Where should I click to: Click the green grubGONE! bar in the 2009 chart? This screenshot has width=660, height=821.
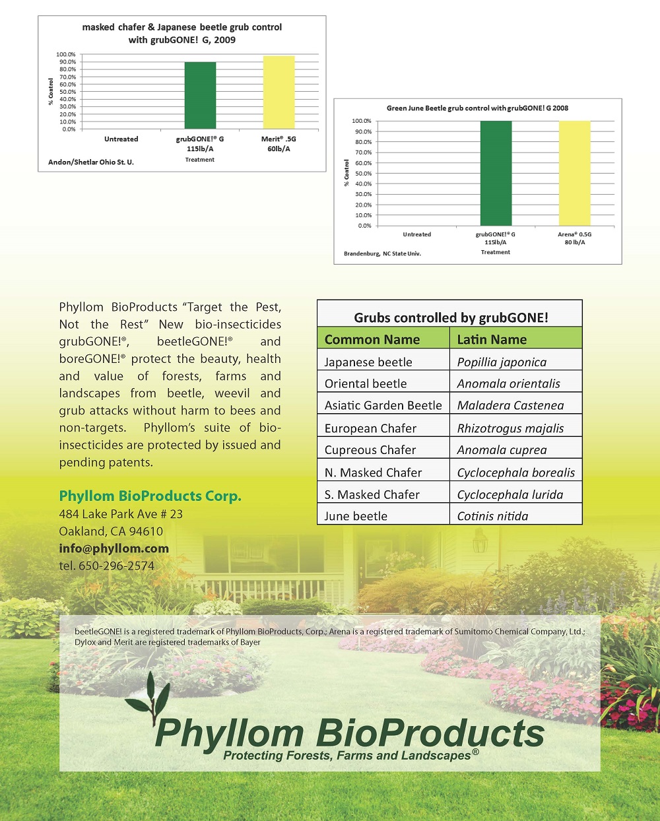coord(200,96)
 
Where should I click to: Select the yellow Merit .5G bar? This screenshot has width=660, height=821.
coord(279,92)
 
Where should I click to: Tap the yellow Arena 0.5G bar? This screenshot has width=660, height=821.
coord(575,173)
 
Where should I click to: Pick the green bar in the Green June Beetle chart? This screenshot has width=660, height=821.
coord(496,173)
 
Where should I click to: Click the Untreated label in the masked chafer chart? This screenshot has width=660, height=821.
coord(121,139)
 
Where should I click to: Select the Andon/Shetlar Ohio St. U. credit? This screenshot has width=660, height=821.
coord(91,162)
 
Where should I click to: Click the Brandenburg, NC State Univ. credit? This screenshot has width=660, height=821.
coord(382,253)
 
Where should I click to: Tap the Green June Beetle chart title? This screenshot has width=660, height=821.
coord(477,108)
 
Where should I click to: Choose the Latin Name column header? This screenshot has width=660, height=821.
coord(492,339)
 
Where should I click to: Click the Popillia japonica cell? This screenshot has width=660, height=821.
coord(502,362)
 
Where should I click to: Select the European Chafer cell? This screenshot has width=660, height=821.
coord(370,428)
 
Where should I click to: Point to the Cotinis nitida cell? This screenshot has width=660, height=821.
coord(492,516)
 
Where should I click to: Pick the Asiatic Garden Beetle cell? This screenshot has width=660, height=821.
coord(383,405)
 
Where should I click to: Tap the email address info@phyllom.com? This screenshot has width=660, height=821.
coord(114,548)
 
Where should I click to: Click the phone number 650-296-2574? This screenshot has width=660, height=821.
coord(116,566)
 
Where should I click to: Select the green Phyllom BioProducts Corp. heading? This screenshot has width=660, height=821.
coord(150,496)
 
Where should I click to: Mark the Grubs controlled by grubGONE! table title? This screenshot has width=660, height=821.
coord(451,318)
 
